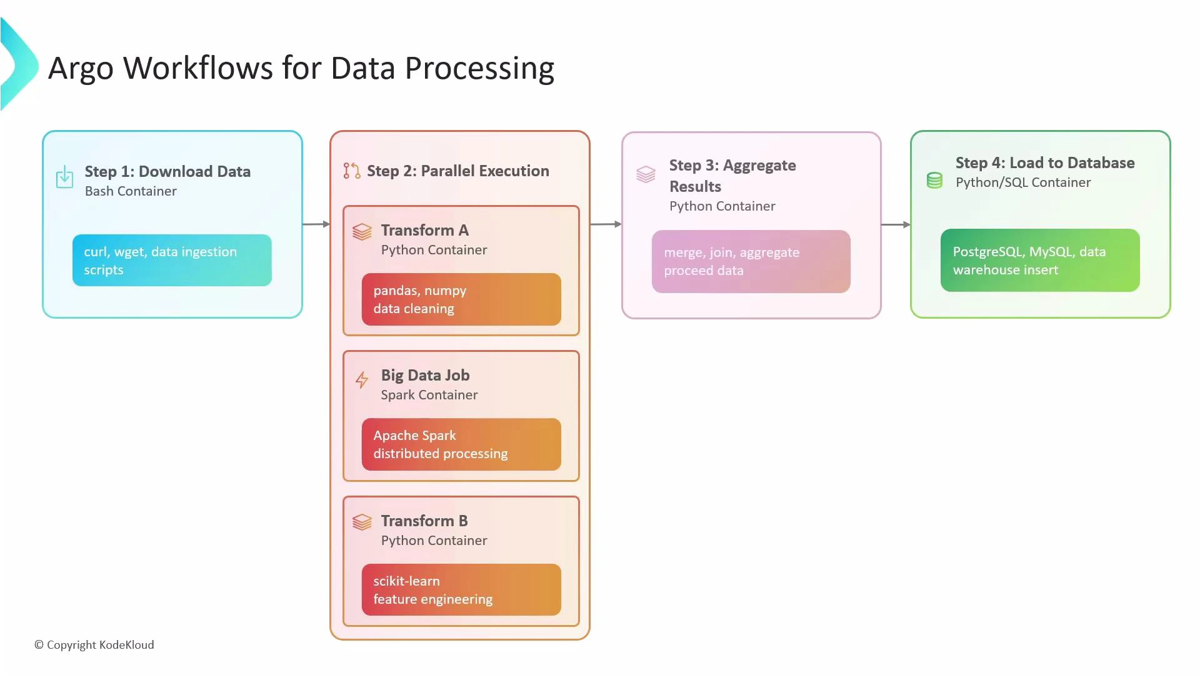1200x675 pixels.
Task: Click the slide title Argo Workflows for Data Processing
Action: coord(301,68)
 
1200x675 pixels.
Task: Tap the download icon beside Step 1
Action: coord(64,177)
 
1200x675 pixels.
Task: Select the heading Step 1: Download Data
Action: coord(167,171)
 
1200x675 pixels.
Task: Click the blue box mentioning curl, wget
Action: coord(172,261)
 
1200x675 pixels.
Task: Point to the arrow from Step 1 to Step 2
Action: coord(316,224)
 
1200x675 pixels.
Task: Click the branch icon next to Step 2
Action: coord(352,171)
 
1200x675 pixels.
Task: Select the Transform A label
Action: coord(424,230)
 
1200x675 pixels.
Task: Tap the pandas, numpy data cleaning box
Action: coord(461,299)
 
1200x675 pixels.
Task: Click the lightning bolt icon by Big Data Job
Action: coord(362,379)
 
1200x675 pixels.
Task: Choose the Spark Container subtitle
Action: coord(429,395)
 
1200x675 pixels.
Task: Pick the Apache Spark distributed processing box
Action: coord(461,444)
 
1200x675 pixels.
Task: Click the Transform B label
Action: coord(424,521)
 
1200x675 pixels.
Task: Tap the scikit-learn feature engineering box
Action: coord(461,589)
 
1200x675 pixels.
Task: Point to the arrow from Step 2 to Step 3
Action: coord(606,224)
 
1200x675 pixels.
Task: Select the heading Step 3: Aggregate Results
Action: coord(732,176)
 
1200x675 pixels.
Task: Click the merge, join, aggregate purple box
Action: coord(751,261)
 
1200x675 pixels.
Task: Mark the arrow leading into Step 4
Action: coord(896,224)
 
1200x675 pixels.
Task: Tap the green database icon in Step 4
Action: coord(934,181)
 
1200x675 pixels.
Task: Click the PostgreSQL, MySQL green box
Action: coord(1040,261)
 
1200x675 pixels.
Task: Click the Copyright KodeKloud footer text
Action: coord(94,644)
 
